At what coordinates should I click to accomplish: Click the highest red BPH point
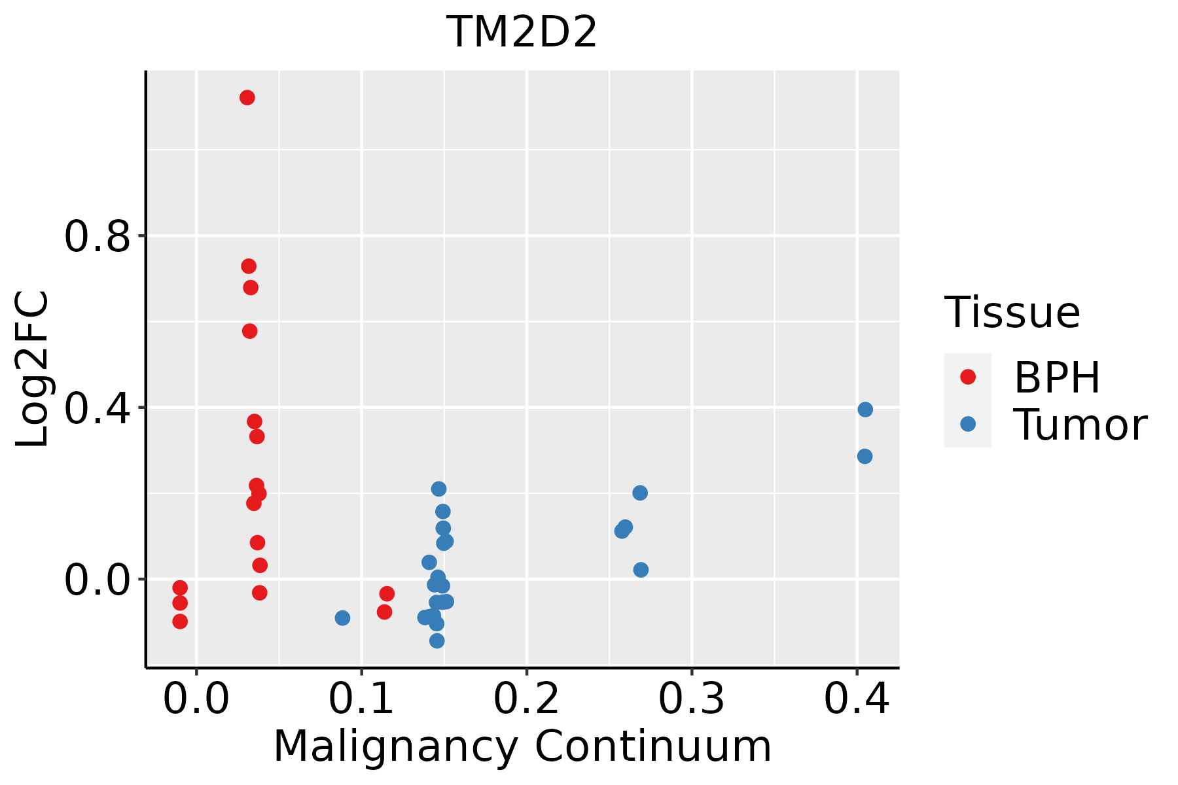[247, 98]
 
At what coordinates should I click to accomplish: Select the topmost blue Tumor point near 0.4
[865, 410]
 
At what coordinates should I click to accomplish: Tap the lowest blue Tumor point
[437, 640]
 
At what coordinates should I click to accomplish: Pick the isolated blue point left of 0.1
[342, 618]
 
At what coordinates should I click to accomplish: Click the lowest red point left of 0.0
[180, 621]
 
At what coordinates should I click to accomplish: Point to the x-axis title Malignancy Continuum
[522, 746]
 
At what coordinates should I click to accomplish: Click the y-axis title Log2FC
[33, 370]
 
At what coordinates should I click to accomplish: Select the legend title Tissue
[1012, 313]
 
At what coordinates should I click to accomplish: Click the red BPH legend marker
[967, 377]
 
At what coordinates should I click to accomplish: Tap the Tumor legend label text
[1080, 425]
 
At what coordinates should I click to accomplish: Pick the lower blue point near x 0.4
[865, 456]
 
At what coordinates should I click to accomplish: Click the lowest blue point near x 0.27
[641, 570]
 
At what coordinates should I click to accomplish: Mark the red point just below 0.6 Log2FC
[250, 331]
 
